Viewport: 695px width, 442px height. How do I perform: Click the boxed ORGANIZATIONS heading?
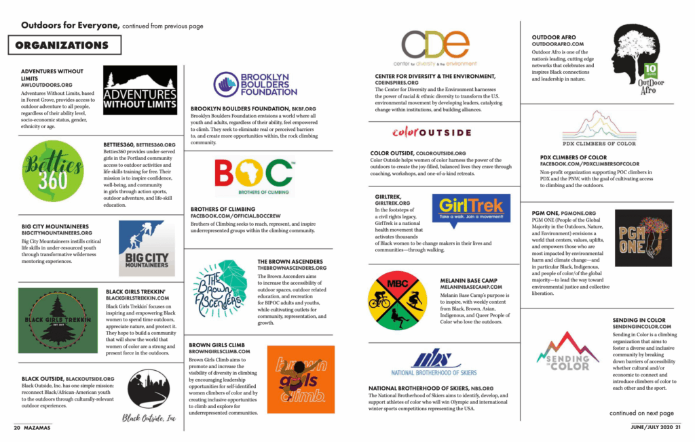[x=64, y=45]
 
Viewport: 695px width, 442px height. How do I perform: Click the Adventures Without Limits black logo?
[x=140, y=90]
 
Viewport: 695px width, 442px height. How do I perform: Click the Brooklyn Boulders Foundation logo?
[x=255, y=85]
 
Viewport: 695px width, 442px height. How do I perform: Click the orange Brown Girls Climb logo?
[x=300, y=380]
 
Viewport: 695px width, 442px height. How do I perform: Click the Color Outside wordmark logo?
[x=432, y=132]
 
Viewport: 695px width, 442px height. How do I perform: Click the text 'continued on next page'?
[x=641, y=413]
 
